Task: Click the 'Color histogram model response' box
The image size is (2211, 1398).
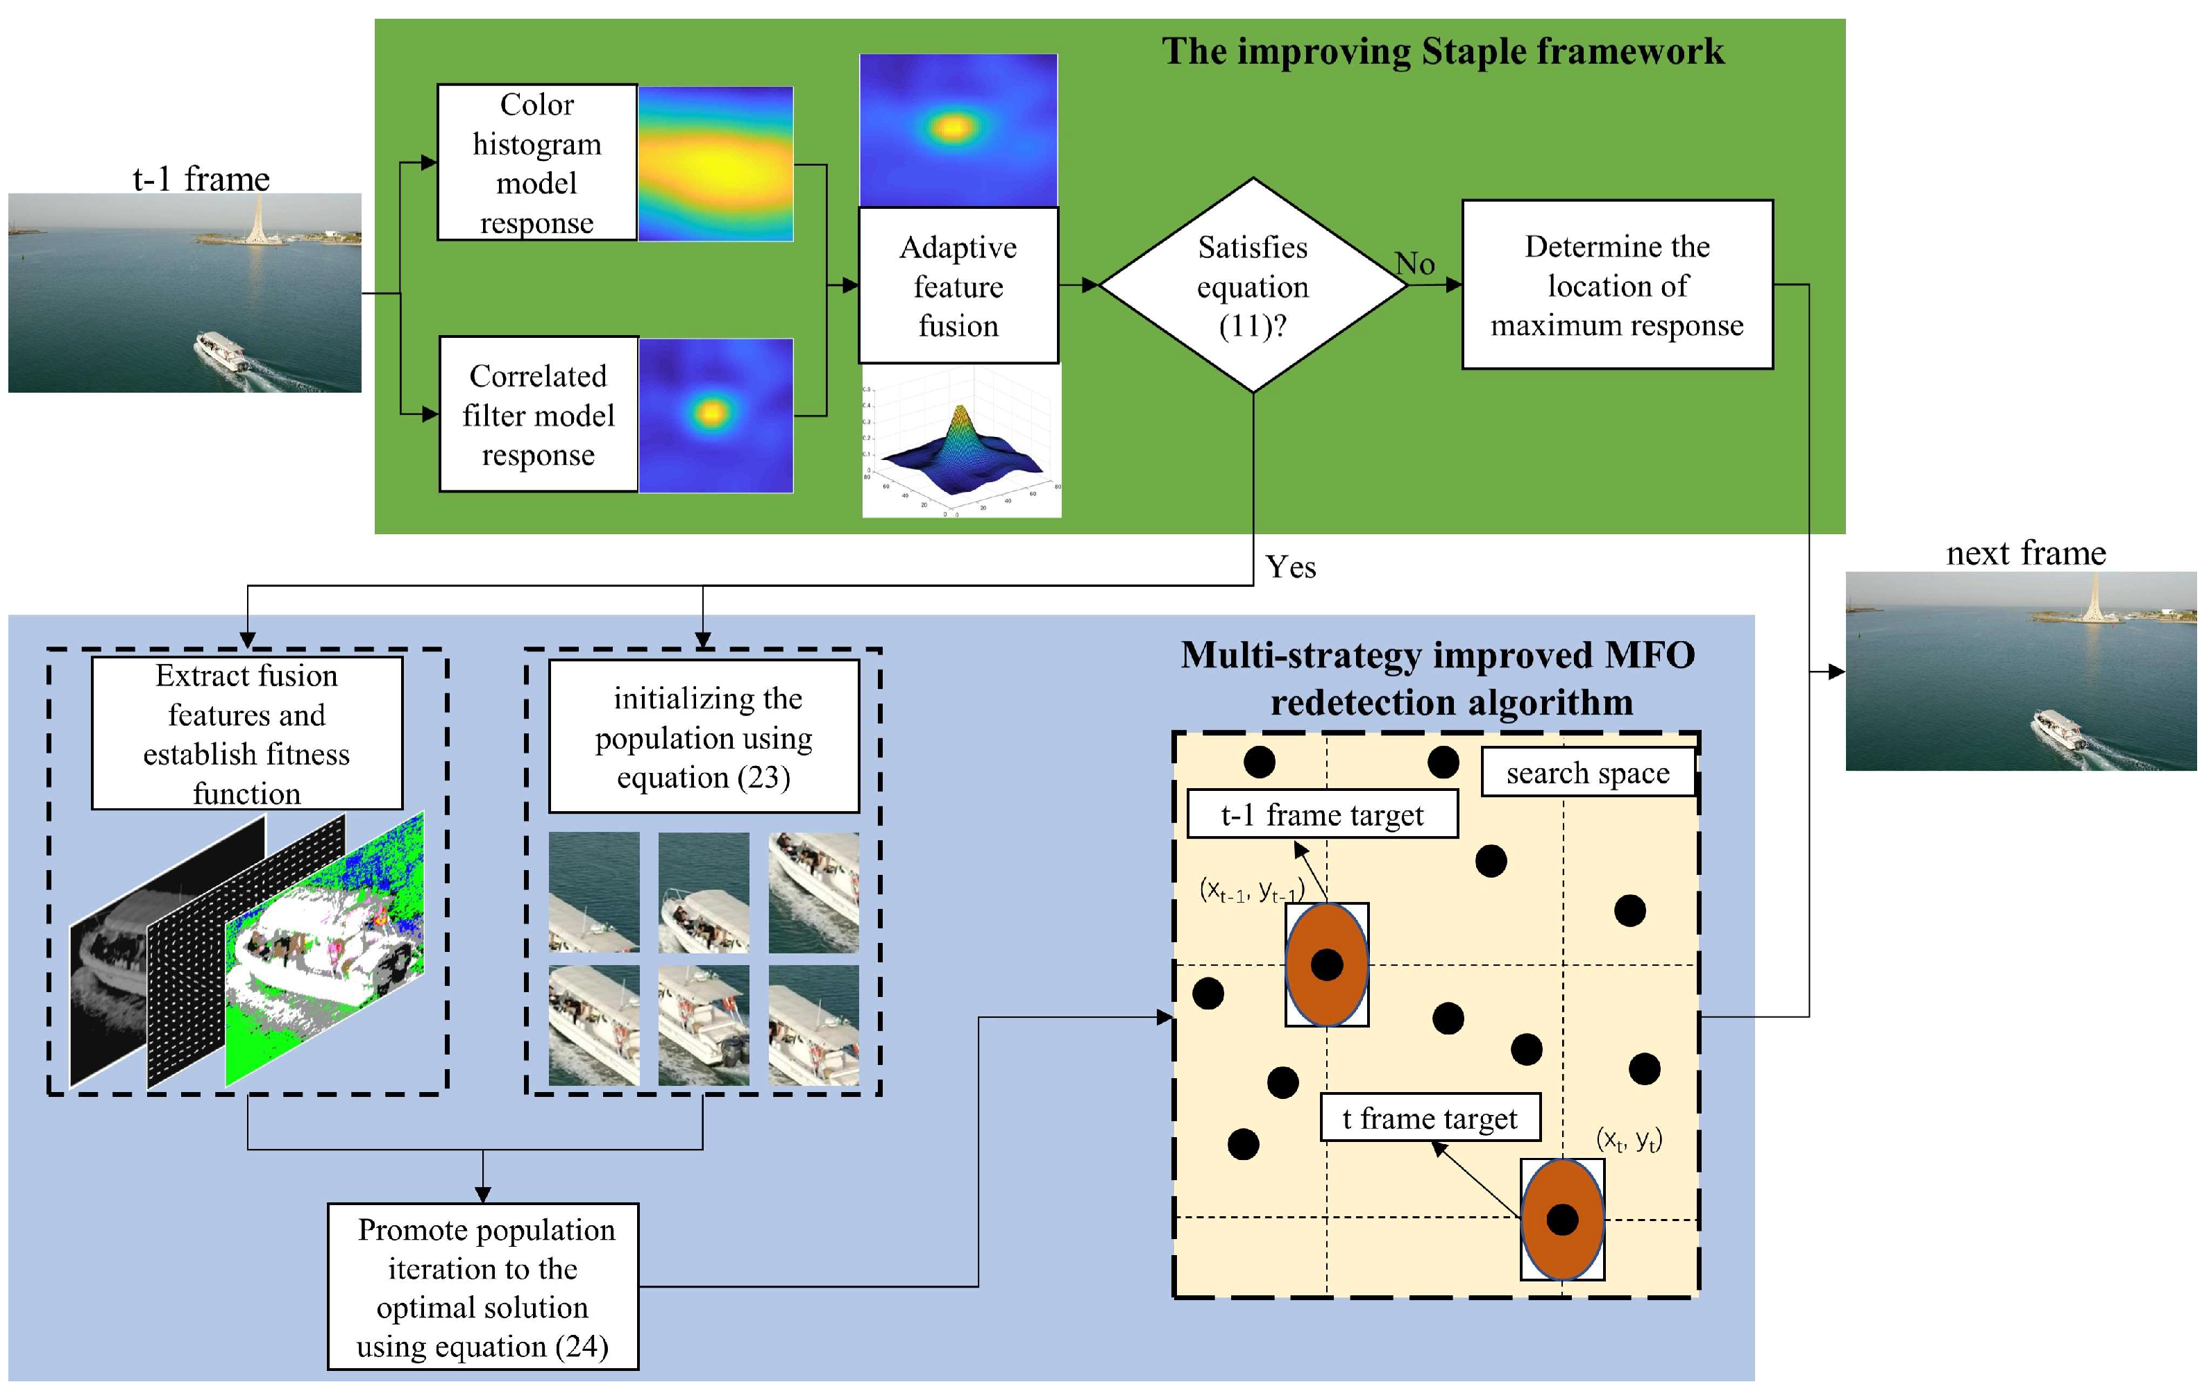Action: [x=536, y=162]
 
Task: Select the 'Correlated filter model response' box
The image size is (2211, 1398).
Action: [x=538, y=414]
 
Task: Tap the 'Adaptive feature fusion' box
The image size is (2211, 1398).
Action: [x=958, y=285]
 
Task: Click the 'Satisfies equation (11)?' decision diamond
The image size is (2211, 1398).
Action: [x=1253, y=285]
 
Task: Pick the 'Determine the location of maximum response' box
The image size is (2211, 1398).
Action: [x=1616, y=284]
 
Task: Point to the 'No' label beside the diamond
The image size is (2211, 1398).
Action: [x=1415, y=264]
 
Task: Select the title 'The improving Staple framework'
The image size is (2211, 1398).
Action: [x=1443, y=51]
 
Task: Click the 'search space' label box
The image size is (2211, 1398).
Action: [x=1588, y=773]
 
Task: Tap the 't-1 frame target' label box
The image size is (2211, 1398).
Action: [x=1322, y=815]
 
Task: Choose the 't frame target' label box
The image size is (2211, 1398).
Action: [x=1430, y=1118]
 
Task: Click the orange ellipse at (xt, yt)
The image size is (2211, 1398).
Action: [x=1562, y=1219]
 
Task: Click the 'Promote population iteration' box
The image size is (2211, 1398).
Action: [x=483, y=1286]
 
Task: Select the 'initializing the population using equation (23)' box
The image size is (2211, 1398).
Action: [x=703, y=736]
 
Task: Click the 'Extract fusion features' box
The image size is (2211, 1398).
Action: [x=247, y=733]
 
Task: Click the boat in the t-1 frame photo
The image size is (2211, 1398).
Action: [x=222, y=352]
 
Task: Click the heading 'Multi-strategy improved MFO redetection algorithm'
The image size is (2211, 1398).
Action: [x=1439, y=679]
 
